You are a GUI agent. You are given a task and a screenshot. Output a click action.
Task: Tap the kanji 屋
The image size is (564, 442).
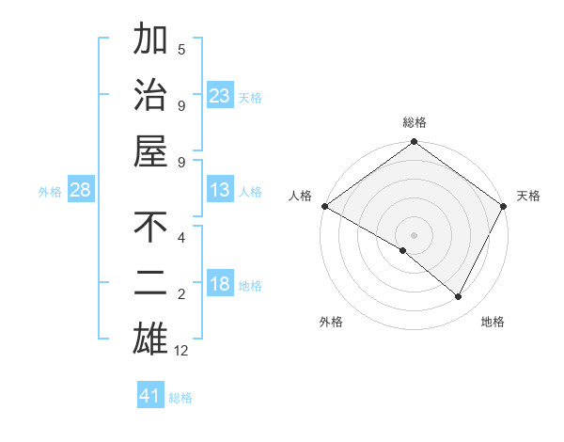[150, 150]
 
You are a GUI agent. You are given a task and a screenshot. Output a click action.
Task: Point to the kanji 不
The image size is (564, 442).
[150, 228]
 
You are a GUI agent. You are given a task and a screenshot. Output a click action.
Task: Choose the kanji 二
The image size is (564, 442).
[150, 283]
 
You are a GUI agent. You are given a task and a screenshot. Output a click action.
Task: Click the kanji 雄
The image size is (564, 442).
[150, 338]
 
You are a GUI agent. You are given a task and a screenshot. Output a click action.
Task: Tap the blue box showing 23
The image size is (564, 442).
[220, 95]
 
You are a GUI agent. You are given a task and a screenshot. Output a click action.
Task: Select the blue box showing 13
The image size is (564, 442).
[220, 190]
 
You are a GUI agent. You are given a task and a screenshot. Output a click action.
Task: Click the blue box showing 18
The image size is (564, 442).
[220, 284]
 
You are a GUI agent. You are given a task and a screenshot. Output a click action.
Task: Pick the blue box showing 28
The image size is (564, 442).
[81, 190]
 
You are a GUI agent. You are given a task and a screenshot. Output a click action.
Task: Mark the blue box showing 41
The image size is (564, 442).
[150, 396]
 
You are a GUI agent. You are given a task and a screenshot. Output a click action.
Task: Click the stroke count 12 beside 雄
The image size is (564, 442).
[181, 351]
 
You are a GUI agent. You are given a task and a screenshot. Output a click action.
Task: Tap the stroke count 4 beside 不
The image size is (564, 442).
[181, 237]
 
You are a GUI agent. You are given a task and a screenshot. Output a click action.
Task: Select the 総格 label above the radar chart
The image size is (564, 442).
[414, 122]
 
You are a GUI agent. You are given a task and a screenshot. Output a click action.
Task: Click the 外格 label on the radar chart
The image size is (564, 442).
[331, 322]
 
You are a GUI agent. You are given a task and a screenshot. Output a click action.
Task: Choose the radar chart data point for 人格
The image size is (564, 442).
[324, 206]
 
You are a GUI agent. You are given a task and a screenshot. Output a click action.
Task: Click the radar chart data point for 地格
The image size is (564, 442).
[459, 296]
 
